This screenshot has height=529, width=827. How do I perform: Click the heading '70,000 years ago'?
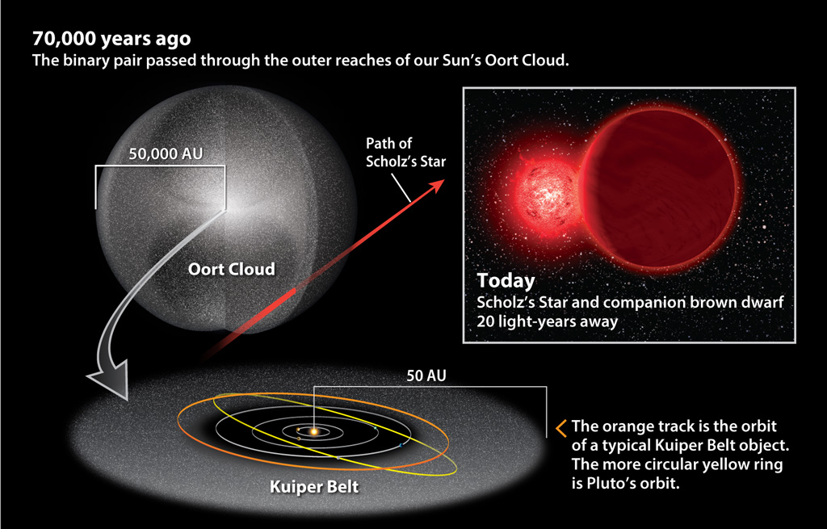point(111,39)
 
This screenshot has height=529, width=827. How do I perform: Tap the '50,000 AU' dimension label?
point(166,153)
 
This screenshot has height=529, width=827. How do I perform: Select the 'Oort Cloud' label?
point(232,269)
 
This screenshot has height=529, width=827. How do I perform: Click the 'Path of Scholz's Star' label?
point(405,153)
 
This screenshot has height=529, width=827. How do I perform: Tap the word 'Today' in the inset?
point(506,280)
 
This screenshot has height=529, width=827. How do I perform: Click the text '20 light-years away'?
point(547,321)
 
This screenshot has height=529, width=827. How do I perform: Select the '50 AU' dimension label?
point(426,376)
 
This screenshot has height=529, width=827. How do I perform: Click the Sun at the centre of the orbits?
point(314,431)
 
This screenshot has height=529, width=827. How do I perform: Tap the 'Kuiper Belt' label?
point(314,486)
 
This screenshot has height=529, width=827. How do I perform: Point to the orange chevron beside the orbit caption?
point(561,428)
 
